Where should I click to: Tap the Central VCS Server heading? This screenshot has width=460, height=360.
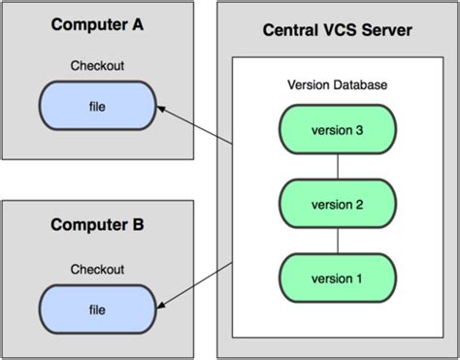point(337,32)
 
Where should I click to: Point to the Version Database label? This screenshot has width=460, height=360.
point(337,85)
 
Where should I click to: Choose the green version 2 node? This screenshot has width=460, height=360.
point(337,204)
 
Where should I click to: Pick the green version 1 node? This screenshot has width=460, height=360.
point(337,279)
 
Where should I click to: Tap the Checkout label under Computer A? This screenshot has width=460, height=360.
point(96,66)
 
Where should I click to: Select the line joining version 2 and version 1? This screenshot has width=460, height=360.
point(337,242)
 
